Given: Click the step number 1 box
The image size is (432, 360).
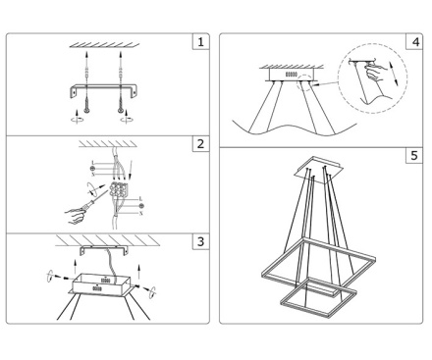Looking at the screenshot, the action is [x=200, y=41].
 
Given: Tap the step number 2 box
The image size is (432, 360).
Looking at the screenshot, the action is [x=200, y=143].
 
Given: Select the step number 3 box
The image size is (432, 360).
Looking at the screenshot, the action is [x=200, y=241].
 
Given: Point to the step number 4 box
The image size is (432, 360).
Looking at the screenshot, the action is [x=414, y=41].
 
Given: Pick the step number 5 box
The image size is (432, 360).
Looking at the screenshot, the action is [x=414, y=155].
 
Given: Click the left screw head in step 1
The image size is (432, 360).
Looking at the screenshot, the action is [x=87, y=111].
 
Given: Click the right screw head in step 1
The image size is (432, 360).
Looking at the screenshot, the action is [x=121, y=111].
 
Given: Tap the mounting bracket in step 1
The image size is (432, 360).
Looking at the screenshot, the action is [x=104, y=87].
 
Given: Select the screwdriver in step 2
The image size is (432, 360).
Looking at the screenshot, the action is [x=93, y=202].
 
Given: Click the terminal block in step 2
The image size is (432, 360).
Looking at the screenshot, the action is [x=119, y=189].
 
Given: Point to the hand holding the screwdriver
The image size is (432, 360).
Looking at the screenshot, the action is [x=76, y=216].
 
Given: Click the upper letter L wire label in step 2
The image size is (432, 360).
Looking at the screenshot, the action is [x=93, y=163].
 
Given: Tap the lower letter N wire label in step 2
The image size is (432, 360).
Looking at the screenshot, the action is [x=141, y=214].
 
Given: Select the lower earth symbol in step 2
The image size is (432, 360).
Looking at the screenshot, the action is [x=141, y=206].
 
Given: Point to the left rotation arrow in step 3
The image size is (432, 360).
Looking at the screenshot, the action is [x=50, y=276].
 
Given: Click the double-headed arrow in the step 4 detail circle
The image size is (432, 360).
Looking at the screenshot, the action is [x=394, y=74].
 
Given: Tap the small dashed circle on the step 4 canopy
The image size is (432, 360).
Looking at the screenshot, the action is [x=304, y=81].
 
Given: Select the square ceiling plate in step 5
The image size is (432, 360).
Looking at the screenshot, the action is [x=319, y=170].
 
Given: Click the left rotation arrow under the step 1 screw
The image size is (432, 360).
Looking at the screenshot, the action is [x=77, y=118].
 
